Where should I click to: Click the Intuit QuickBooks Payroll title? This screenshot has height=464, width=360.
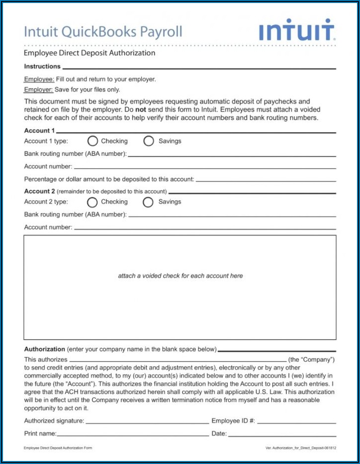(103, 32)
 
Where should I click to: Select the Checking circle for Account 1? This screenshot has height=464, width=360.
(92, 141)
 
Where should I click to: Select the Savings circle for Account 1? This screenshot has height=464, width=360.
(149, 141)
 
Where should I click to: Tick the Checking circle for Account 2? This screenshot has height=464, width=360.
(92, 202)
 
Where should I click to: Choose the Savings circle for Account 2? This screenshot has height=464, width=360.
(148, 202)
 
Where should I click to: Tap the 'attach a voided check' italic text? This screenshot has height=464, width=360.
(180, 276)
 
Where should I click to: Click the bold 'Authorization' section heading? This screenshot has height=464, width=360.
(45, 349)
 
